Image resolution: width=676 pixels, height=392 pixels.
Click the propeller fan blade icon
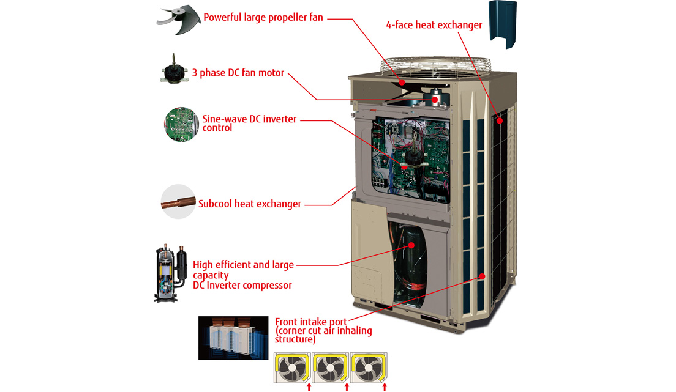click(179, 20)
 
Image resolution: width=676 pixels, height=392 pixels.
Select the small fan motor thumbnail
click(174, 70)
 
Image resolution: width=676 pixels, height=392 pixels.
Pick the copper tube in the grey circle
click(178, 202)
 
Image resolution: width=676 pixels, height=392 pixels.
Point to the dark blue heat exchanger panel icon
click(503, 24)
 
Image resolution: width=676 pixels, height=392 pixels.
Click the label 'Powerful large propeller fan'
click(263, 18)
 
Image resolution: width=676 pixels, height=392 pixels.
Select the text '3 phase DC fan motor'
click(238, 73)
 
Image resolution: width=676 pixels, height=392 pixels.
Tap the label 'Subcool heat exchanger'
click(250, 204)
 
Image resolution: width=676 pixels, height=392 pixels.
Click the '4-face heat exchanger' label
click(434, 25)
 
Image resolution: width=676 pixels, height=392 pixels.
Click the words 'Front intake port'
click(311, 322)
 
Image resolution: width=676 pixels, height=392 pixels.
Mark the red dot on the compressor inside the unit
click(411, 245)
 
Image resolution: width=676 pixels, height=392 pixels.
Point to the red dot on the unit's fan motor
click(435, 100)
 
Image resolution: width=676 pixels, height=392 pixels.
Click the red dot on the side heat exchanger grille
click(500, 121)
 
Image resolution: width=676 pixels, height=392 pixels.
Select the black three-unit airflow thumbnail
click(233, 338)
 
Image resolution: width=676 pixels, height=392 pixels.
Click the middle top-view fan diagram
click(330, 368)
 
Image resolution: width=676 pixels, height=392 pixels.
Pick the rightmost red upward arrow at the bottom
click(385, 387)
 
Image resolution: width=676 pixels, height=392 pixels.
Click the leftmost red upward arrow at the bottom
click(309, 387)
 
